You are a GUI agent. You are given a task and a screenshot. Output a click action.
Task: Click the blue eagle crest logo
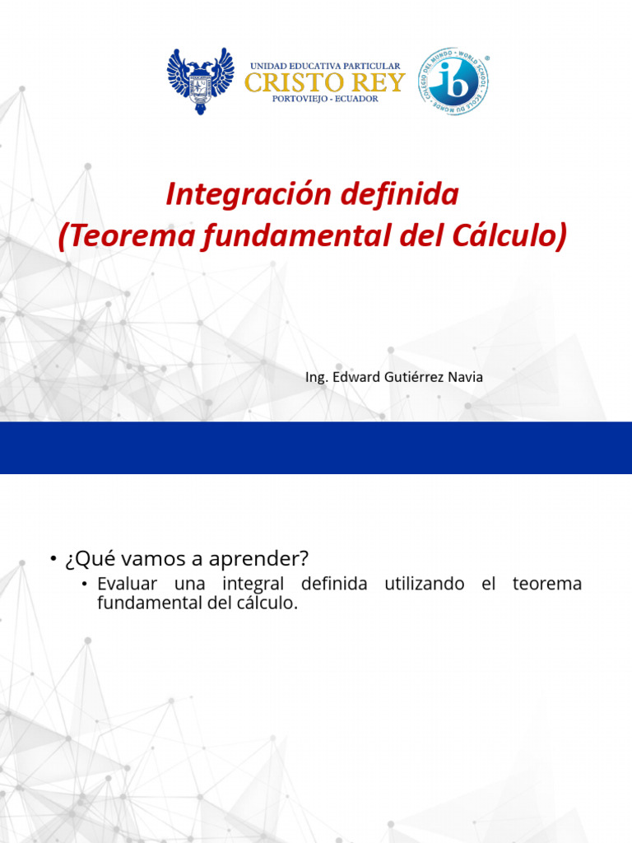click(200, 80)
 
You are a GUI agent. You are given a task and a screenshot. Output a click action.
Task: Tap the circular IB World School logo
click(453, 82)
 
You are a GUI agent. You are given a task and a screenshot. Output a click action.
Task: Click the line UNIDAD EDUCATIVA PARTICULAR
click(325, 66)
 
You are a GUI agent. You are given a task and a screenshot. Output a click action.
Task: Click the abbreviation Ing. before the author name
click(317, 378)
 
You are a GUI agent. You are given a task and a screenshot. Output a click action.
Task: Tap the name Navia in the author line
click(465, 378)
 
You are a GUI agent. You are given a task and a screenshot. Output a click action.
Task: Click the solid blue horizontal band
click(316, 448)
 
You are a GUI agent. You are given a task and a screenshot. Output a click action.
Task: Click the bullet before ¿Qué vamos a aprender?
click(51, 560)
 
